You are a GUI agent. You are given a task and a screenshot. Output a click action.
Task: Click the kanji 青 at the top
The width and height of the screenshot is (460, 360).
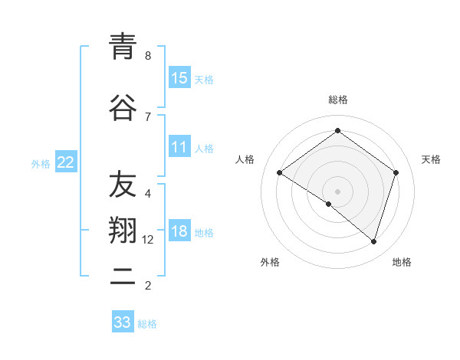pyautogui.click(x=123, y=48)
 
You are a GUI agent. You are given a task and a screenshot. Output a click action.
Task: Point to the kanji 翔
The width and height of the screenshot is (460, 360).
pyautogui.click(x=123, y=231)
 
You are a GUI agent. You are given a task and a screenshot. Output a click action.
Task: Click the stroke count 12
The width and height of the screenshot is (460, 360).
pyautogui.click(x=148, y=240)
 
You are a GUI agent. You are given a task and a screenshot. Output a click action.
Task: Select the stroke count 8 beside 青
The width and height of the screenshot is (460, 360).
pyautogui.click(x=148, y=56)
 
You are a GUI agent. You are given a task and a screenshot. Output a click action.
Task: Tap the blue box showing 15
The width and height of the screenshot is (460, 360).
pyautogui.click(x=179, y=77)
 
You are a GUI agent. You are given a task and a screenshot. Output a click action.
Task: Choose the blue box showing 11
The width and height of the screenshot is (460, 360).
pyautogui.click(x=179, y=147)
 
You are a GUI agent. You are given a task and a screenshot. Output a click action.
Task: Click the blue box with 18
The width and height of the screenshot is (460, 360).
pyautogui.click(x=179, y=232)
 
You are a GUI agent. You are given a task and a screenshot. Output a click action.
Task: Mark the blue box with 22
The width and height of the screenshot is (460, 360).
pyautogui.click(x=66, y=162)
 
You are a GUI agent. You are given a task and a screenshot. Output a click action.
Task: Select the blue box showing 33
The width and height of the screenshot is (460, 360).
pyautogui.click(x=123, y=322)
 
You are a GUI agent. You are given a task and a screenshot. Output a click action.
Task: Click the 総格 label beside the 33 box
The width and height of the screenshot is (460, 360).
pyautogui.click(x=148, y=324)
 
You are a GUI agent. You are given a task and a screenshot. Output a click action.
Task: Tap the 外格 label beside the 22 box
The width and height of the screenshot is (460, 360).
pyautogui.click(x=41, y=163)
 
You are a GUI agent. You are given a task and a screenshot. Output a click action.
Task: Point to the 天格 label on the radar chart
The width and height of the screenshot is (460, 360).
pyautogui.click(x=432, y=159)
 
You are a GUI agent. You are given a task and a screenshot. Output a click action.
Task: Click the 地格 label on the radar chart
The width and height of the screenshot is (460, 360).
pyautogui.click(x=402, y=262)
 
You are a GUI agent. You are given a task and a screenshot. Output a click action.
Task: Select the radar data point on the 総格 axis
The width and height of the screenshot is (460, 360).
pyautogui.click(x=337, y=131)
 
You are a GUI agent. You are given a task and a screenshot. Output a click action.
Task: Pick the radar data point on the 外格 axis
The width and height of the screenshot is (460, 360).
pyautogui.click(x=329, y=204)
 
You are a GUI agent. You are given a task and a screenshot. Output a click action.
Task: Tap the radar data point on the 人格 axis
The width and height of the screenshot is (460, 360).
pyautogui.click(x=280, y=173)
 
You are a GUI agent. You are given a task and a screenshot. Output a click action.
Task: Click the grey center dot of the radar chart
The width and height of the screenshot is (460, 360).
pyautogui.click(x=337, y=191)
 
